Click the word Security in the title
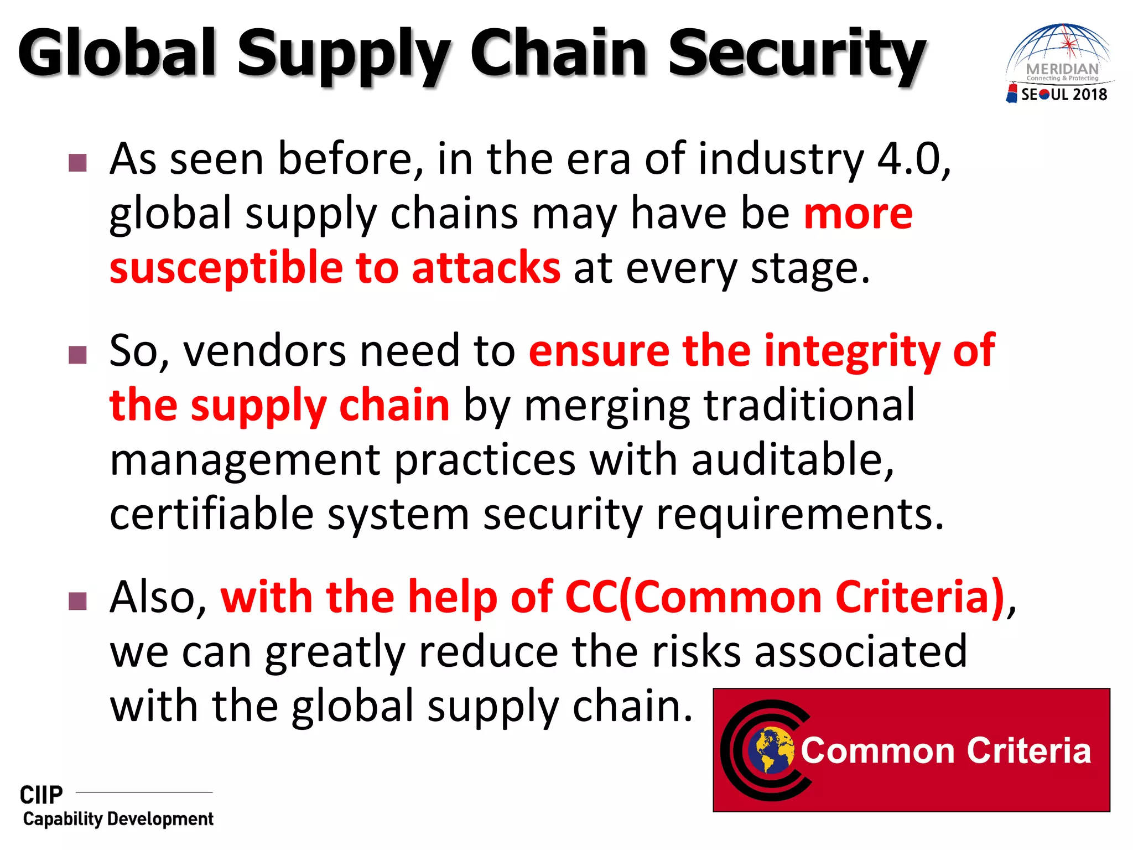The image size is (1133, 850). click(797, 54)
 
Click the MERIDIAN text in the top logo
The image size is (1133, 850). click(1062, 69)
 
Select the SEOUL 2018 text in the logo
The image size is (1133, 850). click(1063, 95)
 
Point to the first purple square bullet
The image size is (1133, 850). click(78, 163)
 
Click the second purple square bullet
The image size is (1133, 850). click(78, 355)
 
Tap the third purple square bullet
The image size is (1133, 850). click(78, 601)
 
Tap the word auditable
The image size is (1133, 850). click(791, 460)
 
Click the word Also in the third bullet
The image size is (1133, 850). click(158, 598)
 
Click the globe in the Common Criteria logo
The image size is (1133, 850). click(770, 750)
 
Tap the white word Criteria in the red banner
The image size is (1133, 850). click(1028, 751)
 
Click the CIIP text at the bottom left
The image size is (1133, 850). click(41, 795)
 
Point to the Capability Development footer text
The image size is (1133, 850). click(118, 819)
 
